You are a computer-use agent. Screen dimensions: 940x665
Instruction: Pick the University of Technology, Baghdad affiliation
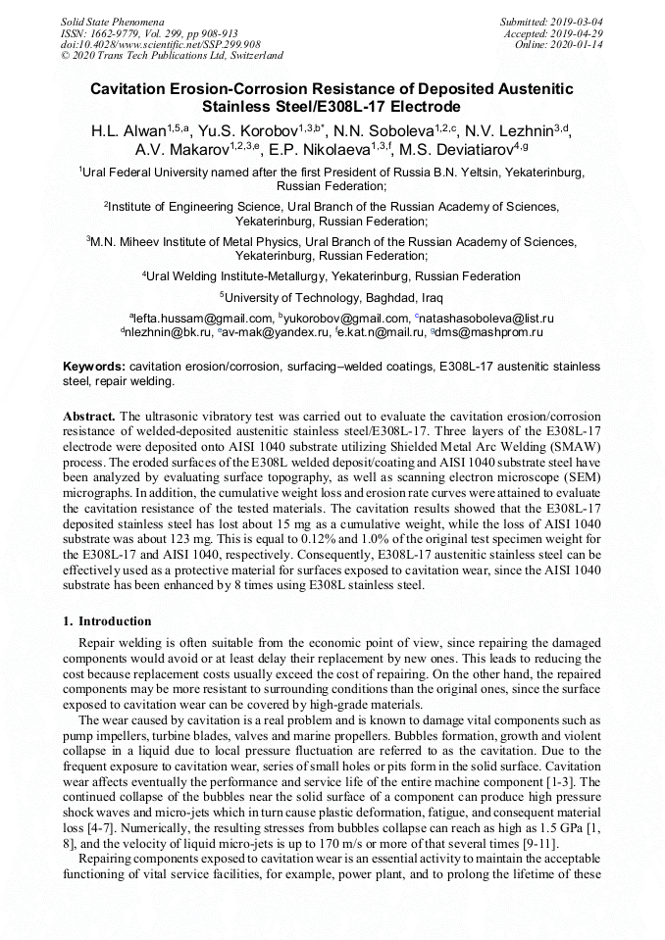[x=333, y=297]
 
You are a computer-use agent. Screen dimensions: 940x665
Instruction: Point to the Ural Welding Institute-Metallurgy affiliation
[x=333, y=276]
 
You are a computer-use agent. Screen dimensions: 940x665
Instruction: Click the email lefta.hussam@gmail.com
[x=203, y=319]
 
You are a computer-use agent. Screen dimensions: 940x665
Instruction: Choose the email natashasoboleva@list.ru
[x=487, y=319]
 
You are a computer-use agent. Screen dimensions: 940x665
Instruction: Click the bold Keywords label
[x=94, y=366]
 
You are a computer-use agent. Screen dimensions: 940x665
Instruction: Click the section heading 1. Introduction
[x=108, y=620]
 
